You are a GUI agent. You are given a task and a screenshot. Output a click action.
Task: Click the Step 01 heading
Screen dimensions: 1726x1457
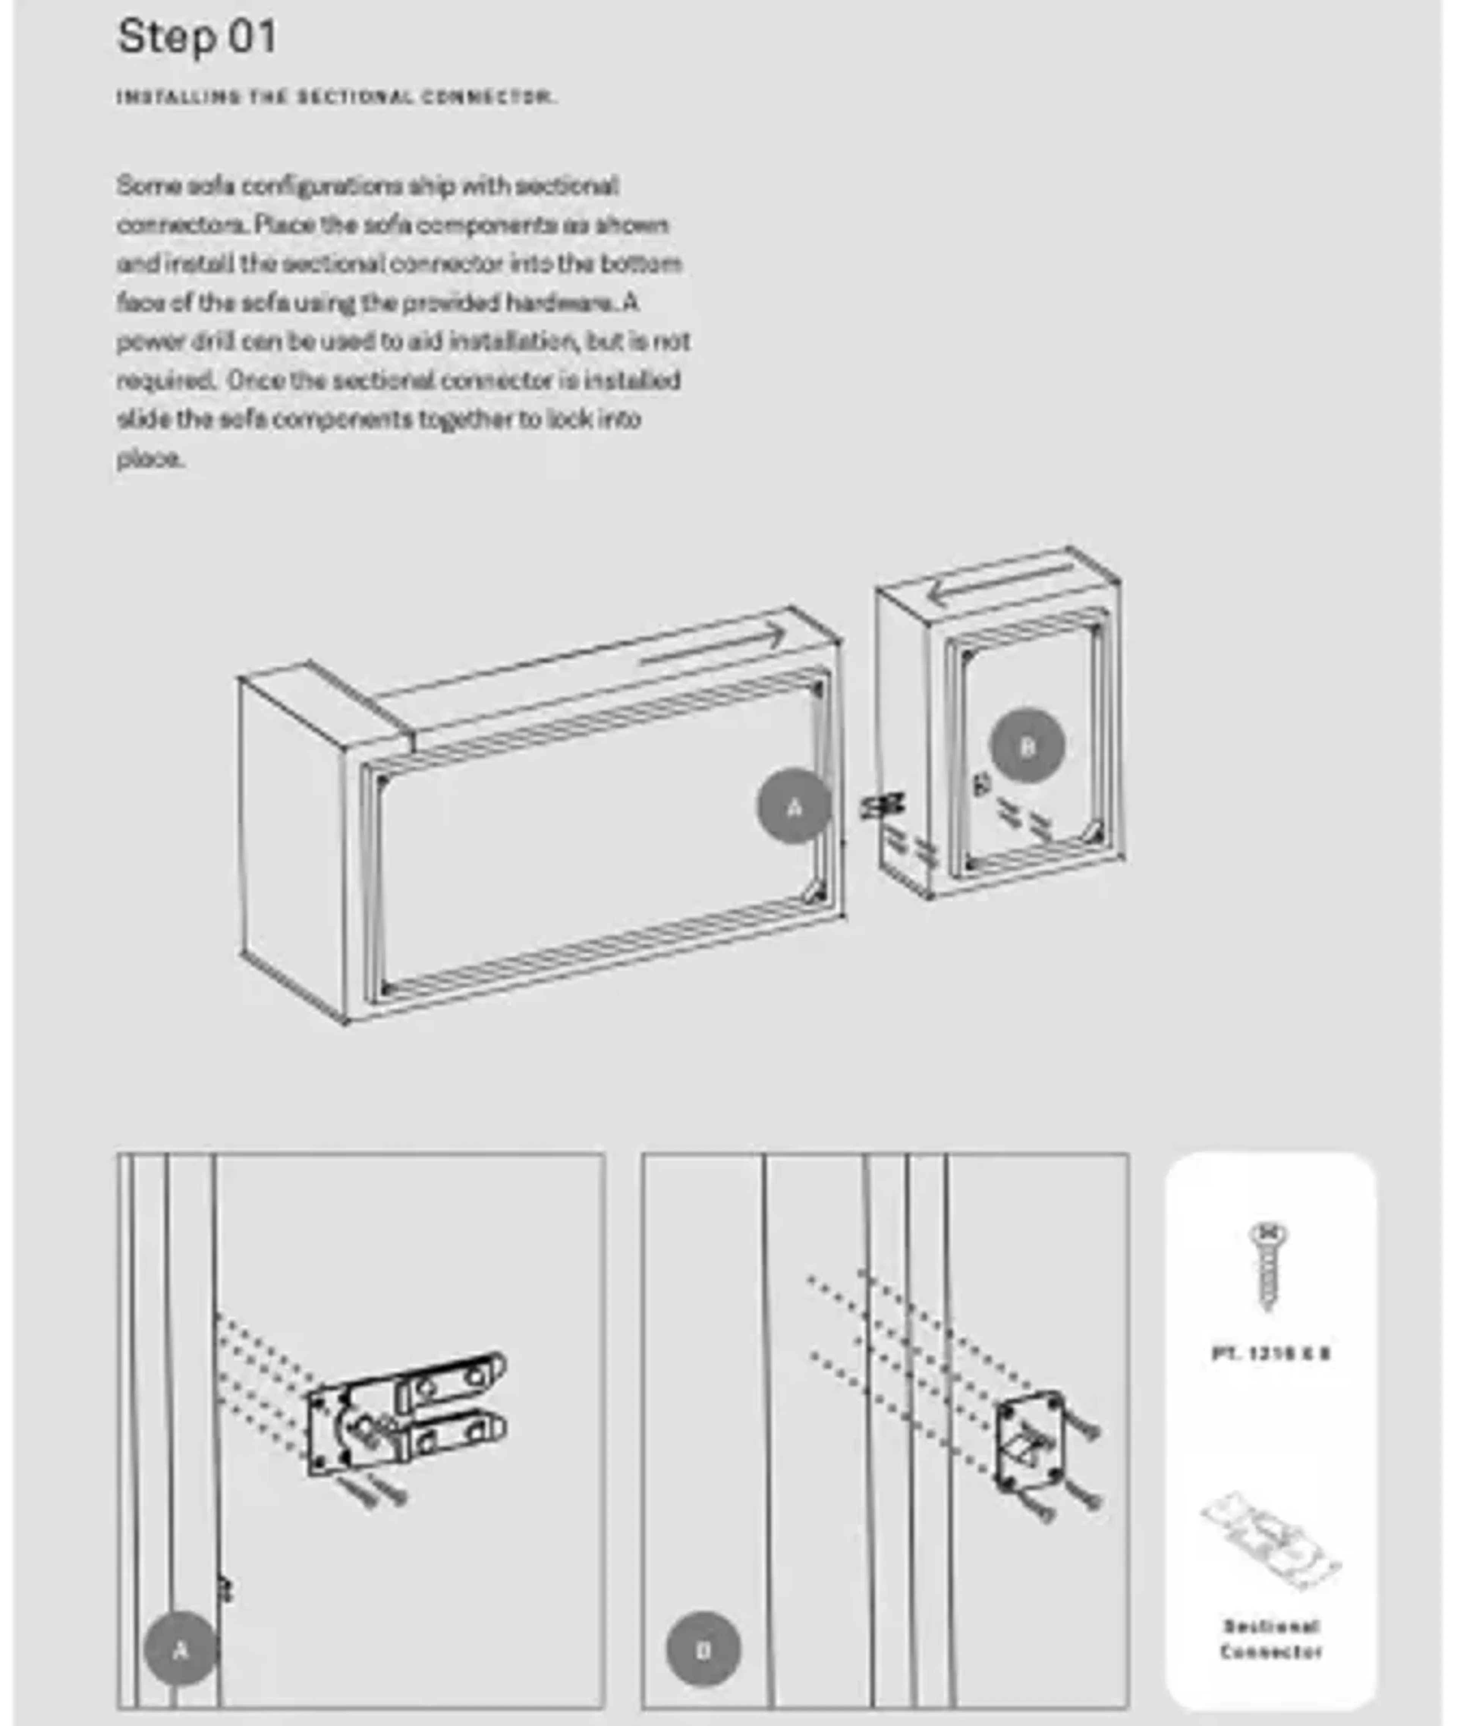pyautogui.click(x=197, y=37)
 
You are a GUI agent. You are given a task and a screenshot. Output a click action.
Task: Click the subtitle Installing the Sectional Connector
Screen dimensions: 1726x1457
pyautogui.click(x=336, y=97)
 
